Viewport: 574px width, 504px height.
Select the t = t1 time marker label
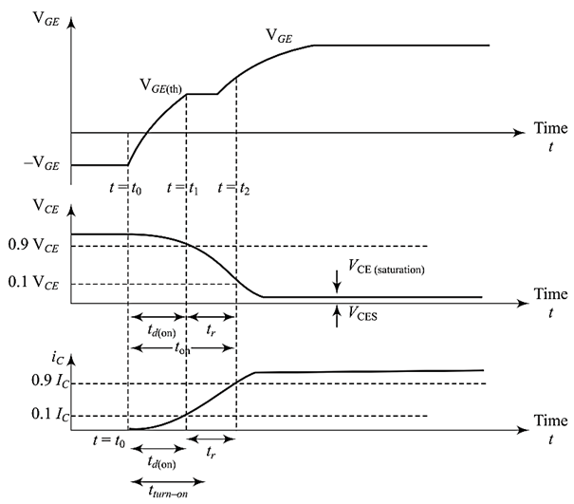coord(182,187)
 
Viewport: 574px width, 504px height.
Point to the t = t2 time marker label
coord(233,187)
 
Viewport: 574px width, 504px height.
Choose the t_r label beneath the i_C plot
coord(212,454)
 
